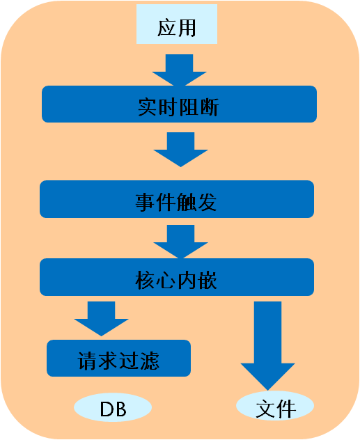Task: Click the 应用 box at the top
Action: pyautogui.click(x=177, y=24)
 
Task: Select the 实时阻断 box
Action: pyautogui.click(x=179, y=104)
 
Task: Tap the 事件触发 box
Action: pyautogui.click(x=177, y=199)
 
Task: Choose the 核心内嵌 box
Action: pyautogui.click(x=177, y=277)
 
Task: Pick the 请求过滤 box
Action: pyautogui.click(x=118, y=359)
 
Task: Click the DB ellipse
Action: pyautogui.click(x=113, y=407)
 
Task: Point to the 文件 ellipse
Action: pyautogui.click(x=275, y=405)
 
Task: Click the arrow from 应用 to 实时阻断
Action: pyautogui.click(x=179, y=70)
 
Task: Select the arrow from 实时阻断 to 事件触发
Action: pyautogui.click(x=180, y=150)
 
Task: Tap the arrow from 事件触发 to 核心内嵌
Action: pyautogui.click(x=180, y=242)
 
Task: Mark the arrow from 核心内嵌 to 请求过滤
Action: pyautogui.click(x=101, y=319)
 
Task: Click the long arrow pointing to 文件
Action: pyautogui.click(x=267, y=346)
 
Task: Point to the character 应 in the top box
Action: pyautogui.click(x=166, y=28)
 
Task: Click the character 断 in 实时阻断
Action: pyautogui.click(x=209, y=107)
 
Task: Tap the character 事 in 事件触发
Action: pyautogui.click(x=145, y=203)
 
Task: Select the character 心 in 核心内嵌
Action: pyautogui.click(x=166, y=280)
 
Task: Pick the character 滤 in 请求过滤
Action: pyautogui.click(x=150, y=361)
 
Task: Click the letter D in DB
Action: pyautogui.click(x=107, y=409)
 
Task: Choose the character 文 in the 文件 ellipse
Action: pyautogui.click(x=266, y=409)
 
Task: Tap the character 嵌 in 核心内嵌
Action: pyautogui.click(x=207, y=280)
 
